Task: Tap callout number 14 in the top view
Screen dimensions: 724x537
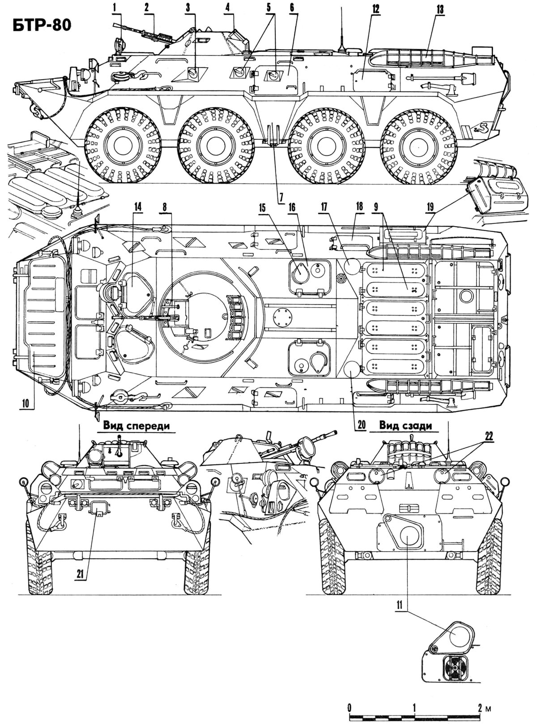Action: (137, 207)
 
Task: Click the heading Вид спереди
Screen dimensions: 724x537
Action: (137, 425)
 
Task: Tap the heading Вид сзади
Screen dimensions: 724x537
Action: (406, 425)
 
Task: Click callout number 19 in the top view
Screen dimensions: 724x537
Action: (430, 207)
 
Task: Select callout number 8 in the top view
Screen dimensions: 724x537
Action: (166, 207)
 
